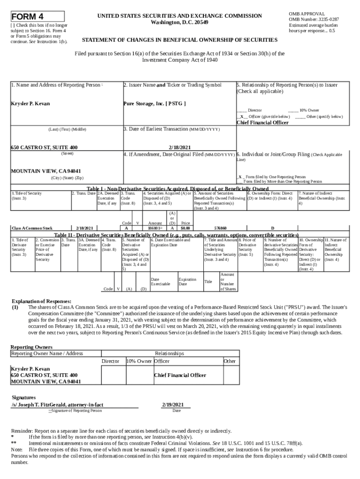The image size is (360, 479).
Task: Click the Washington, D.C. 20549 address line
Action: point(180,22)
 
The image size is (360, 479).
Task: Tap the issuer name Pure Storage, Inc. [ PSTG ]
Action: point(154,103)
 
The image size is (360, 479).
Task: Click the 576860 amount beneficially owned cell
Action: point(220,228)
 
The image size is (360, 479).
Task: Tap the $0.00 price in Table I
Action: point(185,228)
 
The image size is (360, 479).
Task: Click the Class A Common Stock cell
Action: point(32,228)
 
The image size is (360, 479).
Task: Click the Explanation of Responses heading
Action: point(41,301)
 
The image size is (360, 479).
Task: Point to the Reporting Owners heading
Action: point(32,347)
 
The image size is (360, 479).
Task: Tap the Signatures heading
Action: point(23,397)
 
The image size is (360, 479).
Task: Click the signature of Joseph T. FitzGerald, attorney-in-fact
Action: point(58,404)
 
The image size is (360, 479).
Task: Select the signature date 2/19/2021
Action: point(173,404)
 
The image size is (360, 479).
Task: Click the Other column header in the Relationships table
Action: point(230,361)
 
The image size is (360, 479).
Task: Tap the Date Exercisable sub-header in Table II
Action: point(160,282)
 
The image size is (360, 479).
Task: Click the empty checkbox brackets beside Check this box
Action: point(13,25)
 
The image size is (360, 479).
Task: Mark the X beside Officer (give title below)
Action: point(241,116)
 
